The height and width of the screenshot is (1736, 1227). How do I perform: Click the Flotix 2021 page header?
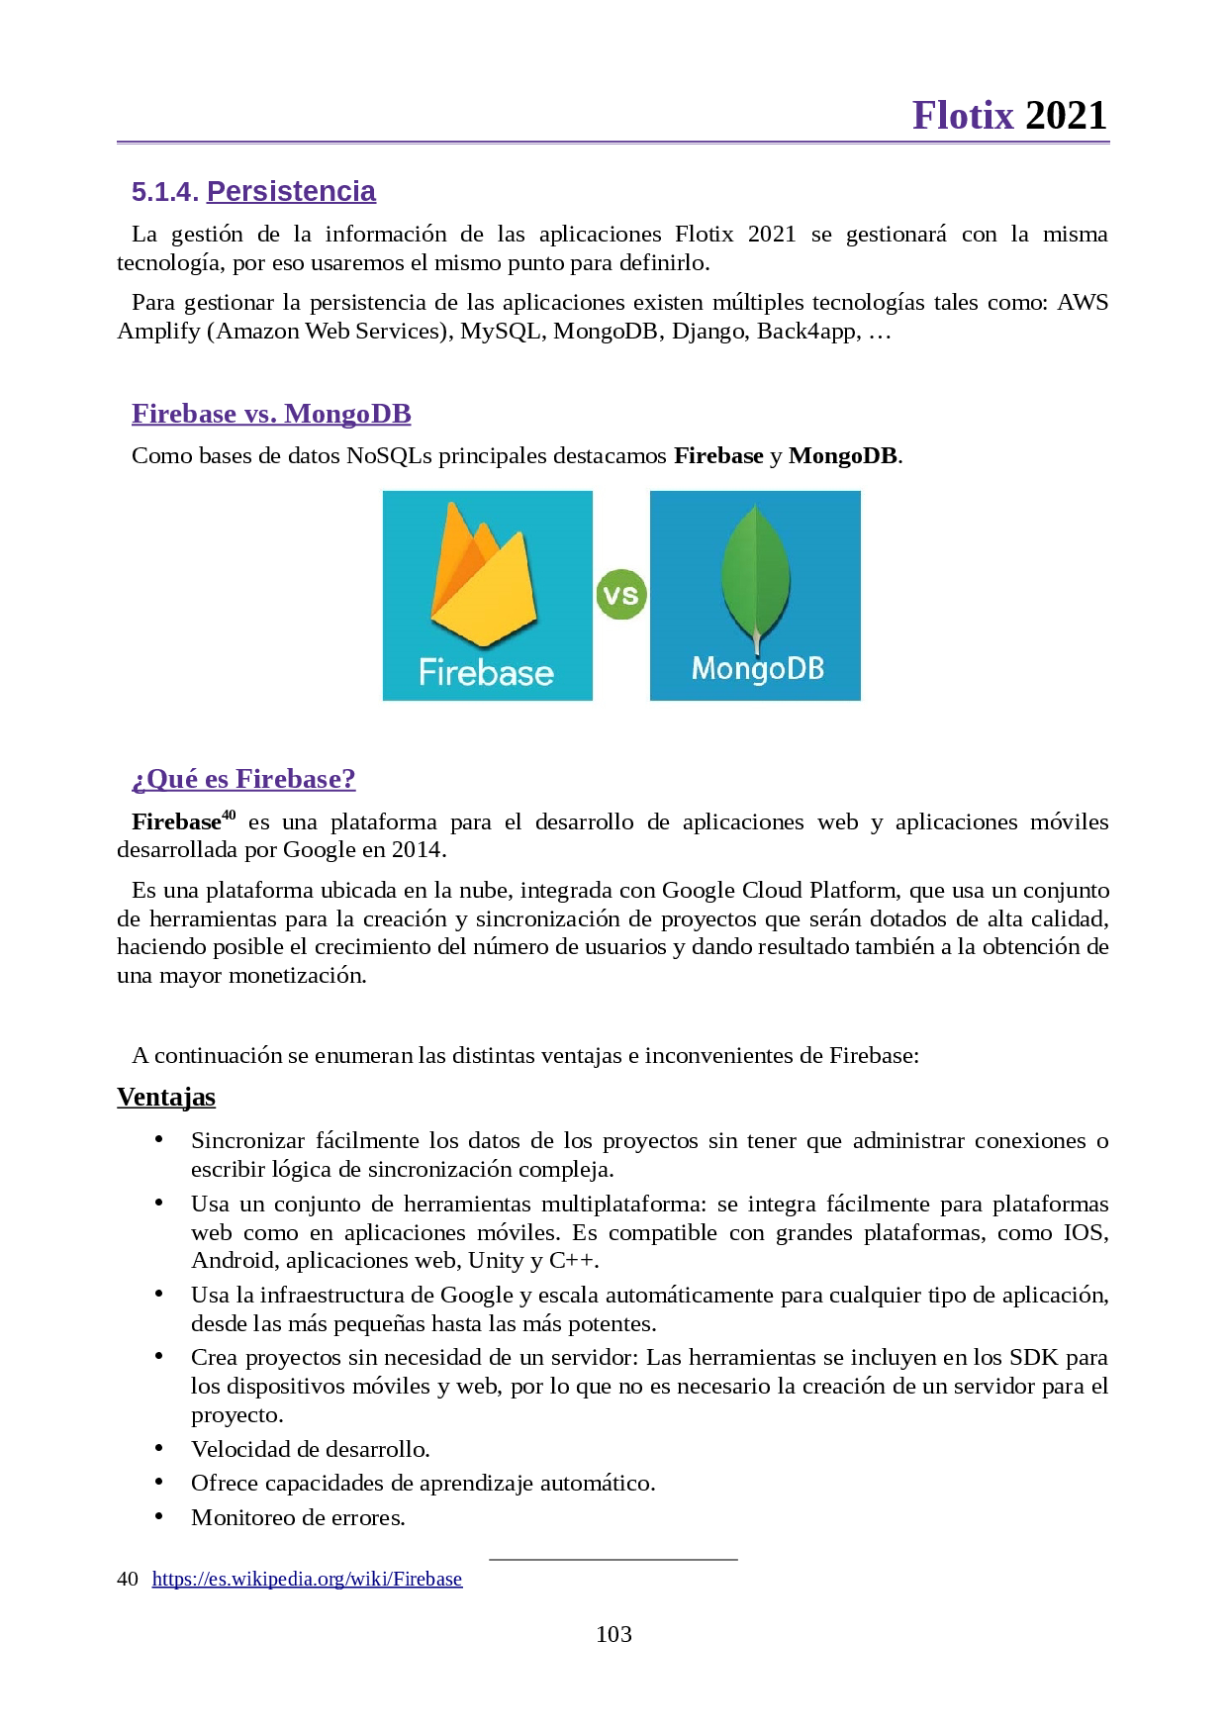(1008, 116)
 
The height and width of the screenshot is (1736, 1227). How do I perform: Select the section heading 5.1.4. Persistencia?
(253, 191)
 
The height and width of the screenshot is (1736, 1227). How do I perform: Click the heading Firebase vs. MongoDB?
(271, 414)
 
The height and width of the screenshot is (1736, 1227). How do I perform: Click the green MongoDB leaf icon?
(756, 574)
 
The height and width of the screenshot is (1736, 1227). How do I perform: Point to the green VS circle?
(620, 595)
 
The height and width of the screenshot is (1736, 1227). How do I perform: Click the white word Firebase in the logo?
(486, 673)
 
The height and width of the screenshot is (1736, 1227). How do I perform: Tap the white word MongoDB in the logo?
(757, 669)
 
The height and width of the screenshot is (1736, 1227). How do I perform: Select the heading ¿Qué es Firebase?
(243, 779)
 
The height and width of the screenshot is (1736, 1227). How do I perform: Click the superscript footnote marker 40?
(229, 815)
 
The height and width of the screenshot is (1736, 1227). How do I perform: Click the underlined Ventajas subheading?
(166, 1097)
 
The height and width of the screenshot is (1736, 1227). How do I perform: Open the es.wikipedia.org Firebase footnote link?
(307, 1579)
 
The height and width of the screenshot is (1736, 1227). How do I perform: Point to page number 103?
(613, 1634)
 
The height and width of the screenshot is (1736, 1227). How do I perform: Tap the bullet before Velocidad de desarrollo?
(158, 1448)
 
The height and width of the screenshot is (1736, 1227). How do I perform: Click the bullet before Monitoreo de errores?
(158, 1516)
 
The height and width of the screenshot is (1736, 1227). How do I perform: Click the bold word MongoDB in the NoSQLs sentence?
(842, 455)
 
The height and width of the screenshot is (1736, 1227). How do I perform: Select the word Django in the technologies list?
(708, 331)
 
